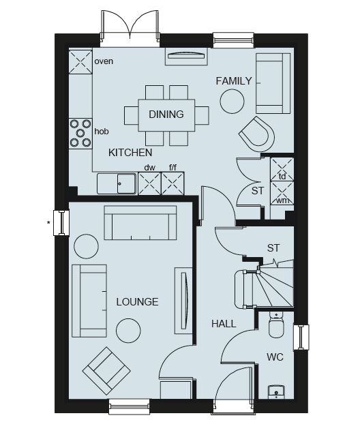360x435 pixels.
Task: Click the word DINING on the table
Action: [166, 115]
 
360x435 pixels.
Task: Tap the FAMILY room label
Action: [234, 81]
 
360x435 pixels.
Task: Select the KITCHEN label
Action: [130, 153]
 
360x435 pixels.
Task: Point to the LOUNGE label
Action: [137, 302]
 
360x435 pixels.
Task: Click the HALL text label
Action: [224, 324]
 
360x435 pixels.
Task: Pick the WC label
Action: [275, 357]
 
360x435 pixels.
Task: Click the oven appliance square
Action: [80, 62]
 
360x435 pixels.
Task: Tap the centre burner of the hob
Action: [80, 133]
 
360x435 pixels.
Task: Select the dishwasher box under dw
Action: [149, 183]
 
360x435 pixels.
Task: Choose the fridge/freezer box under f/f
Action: [172, 183]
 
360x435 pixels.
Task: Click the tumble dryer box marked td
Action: [282, 169]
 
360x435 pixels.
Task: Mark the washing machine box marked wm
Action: [282, 193]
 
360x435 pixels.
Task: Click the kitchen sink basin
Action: [126, 183]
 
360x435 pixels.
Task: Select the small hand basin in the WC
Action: [276, 392]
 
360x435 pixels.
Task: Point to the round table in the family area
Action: [232, 102]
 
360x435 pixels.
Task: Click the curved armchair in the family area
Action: [257, 134]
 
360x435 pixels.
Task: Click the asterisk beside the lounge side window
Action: [49, 222]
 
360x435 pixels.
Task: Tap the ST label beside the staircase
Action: [273, 248]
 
